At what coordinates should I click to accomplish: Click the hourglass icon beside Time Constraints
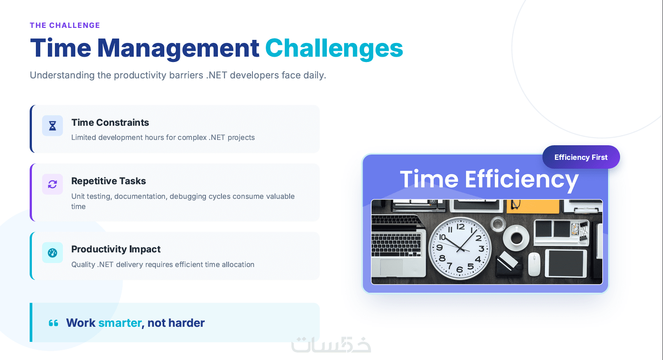pos(52,126)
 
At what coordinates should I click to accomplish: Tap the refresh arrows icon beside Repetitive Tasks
pos(52,184)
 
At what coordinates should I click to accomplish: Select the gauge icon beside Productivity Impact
pos(52,253)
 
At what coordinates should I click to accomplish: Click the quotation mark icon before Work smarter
pos(54,323)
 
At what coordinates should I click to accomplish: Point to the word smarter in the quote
pos(120,323)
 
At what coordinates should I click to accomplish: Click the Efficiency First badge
pos(581,157)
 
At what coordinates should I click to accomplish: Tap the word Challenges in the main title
pos(334,48)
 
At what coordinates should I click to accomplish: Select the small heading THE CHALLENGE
pos(65,25)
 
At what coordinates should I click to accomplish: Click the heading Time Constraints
pos(110,123)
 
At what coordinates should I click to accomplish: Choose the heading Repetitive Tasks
pos(109,181)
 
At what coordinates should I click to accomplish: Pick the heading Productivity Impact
pos(116,249)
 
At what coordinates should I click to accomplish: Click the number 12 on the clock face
pos(460,227)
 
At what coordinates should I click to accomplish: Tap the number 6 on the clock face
pos(459,270)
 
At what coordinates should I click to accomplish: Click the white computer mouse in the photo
pos(534,264)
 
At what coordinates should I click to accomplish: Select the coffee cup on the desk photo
pos(516,238)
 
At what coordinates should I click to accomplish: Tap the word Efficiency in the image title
pos(522,179)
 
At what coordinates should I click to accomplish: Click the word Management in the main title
pos(178,48)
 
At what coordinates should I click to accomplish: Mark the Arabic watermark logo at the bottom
pos(331,345)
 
